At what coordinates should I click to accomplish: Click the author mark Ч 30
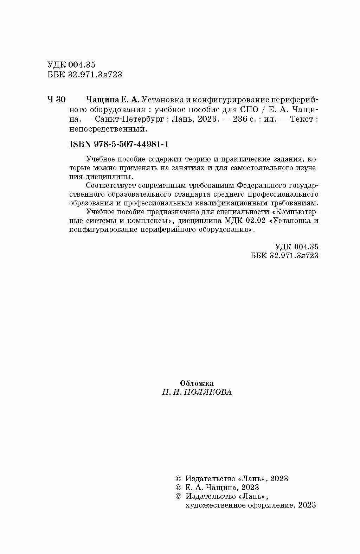coord(56,100)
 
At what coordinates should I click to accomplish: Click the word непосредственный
coord(107,129)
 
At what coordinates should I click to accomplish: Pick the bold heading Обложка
coord(197,383)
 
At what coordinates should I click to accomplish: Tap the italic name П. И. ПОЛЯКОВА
coord(197,392)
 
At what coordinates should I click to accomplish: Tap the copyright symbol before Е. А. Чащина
coord(178,488)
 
